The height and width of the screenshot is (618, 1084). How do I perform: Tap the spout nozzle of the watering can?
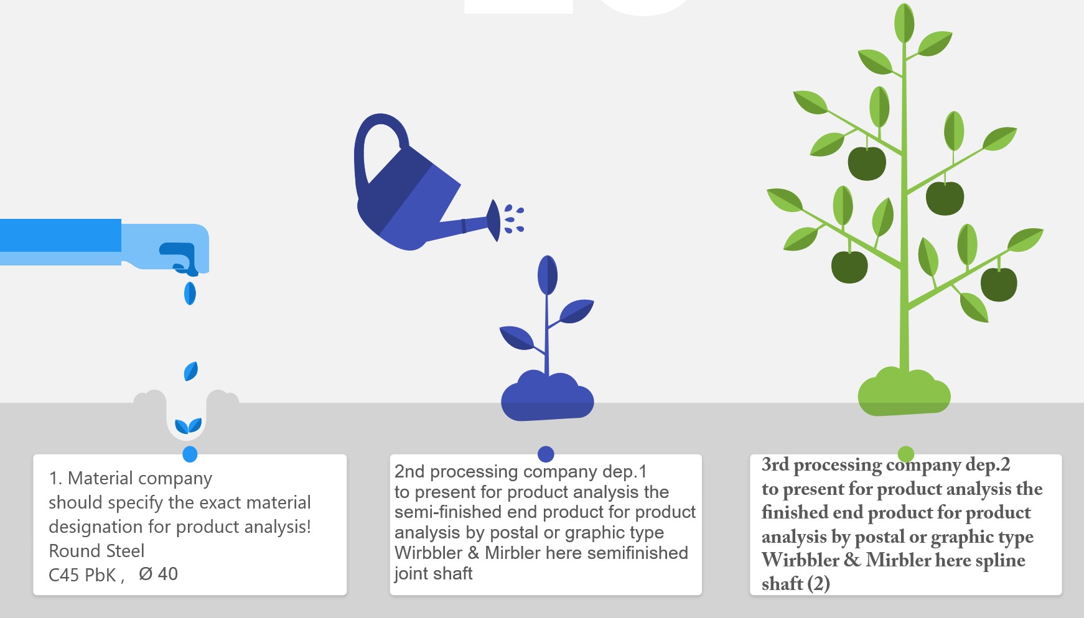[x=493, y=220]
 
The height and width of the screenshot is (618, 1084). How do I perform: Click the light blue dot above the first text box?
[x=190, y=454]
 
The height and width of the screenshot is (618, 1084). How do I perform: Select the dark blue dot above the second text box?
[x=546, y=454]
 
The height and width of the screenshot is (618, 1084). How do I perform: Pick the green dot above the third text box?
[x=906, y=454]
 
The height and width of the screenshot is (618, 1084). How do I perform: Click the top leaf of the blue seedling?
[x=547, y=275]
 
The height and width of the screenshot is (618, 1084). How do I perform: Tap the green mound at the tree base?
[x=904, y=392]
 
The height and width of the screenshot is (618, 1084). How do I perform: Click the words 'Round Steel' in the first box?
[x=96, y=551]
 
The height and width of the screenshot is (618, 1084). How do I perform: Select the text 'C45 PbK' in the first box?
[x=83, y=574]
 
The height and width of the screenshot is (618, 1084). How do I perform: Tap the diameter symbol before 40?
[x=146, y=574]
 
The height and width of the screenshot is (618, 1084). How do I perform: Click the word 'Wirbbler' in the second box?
[x=428, y=553]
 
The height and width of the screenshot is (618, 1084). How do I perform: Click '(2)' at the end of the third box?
[x=818, y=584]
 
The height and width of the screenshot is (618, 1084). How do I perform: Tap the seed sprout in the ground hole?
[x=188, y=426]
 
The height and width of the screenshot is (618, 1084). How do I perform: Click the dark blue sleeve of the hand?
[x=60, y=235]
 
